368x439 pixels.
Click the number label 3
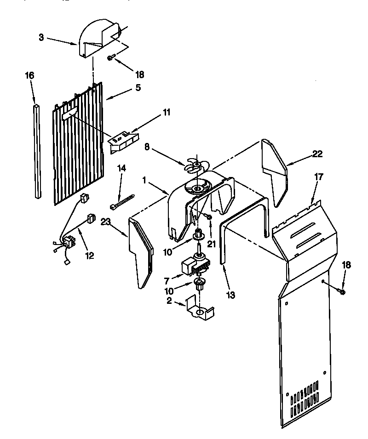pyautogui.click(x=41, y=37)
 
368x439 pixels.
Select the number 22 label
pyautogui.click(x=317, y=154)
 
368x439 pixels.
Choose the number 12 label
pyautogui.click(x=89, y=255)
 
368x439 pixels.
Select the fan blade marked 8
pyautogui.click(x=196, y=166)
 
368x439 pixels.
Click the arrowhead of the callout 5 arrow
pyautogui.click(x=106, y=99)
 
